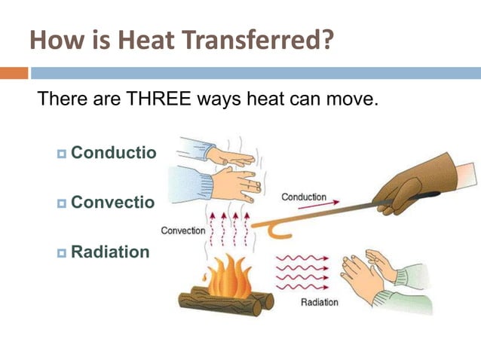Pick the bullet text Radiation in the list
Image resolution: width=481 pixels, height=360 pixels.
click(x=110, y=252)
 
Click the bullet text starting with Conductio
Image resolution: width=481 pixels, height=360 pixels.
click(x=113, y=153)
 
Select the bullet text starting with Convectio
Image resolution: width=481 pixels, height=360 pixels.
click(x=113, y=203)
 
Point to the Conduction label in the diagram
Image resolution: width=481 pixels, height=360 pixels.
click(x=304, y=197)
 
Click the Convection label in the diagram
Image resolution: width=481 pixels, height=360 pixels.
click(x=182, y=230)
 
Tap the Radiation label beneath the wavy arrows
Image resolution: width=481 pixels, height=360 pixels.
click(x=320, y=303)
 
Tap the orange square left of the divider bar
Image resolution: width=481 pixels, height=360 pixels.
click(x=14, y=73)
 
